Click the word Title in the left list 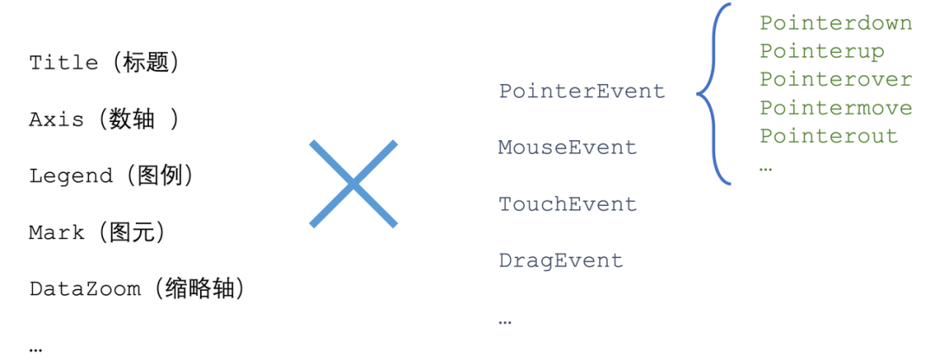[63, 62]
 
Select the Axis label [56, 119]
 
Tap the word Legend [70, 176]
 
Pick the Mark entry [56, 233]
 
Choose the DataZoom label [85, 289]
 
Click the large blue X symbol [353, 183]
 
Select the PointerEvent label [582, 91]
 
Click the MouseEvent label [568, 147]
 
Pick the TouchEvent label [568, 204]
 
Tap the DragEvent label [561, 260]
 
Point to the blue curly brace [699, 93]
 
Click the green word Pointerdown [836, 23]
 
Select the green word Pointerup [822, 51]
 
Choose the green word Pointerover [836, 80]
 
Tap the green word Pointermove [836, 108]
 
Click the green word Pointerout [829, 136]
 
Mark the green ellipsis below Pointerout [766, 170]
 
